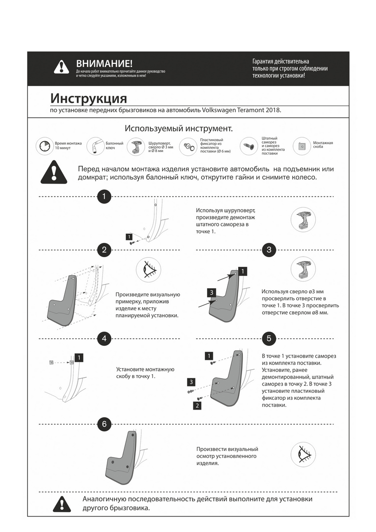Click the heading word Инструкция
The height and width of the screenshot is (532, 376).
pos(89,98)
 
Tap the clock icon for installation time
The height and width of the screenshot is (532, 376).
pos(45,146)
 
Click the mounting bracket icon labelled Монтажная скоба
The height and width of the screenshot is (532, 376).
pos(302,146)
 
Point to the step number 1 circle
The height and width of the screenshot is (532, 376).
pos(104,196)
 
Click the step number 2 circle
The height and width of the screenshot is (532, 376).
pos(104,250)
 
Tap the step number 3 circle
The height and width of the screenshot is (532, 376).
pos(269,250)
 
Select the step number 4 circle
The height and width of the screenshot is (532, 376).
pos(104,338)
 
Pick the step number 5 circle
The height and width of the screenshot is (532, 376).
pos(269,338)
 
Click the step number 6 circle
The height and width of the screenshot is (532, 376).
pos(104,424)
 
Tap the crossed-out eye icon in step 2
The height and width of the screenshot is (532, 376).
pos(148,270)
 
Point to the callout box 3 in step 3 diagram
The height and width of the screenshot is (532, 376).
pos(212,292)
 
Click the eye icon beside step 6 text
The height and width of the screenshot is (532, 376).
pos(303,454)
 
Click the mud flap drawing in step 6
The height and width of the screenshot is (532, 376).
pos(118,459)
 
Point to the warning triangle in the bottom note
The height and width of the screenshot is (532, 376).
pos(61,504)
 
